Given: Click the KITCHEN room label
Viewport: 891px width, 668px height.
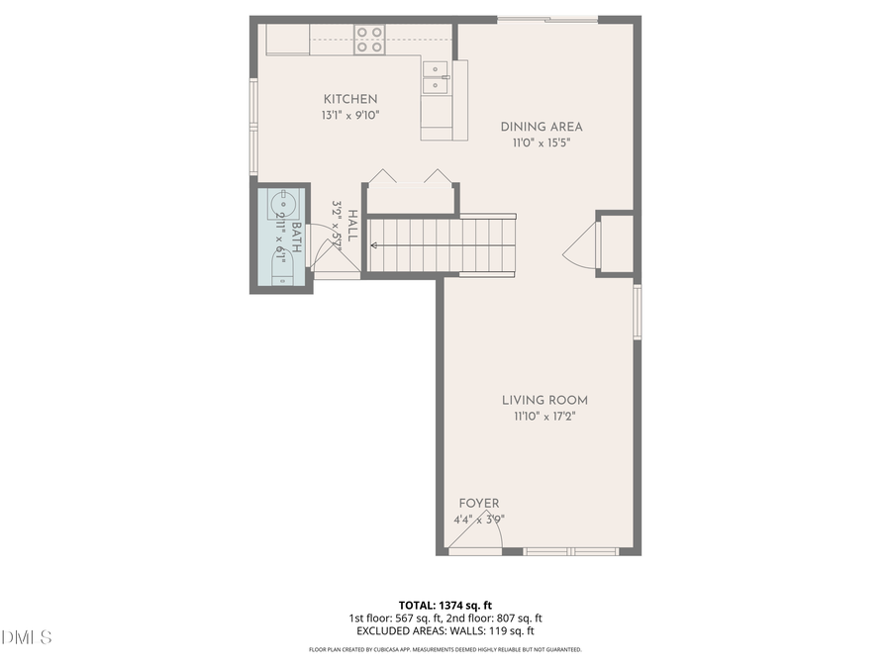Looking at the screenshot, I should pos(350,99).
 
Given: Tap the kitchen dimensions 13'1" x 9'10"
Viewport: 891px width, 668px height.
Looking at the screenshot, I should pos(350,115).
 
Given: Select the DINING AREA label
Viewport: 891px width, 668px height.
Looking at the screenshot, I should pos(541,127).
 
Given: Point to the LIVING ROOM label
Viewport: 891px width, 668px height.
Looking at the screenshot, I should pos(544,401).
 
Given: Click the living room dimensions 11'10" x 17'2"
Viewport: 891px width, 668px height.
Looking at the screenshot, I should pos(544,417).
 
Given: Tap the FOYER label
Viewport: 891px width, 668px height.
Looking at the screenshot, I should pos(479,504).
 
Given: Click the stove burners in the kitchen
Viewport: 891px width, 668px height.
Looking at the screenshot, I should pos(369,40).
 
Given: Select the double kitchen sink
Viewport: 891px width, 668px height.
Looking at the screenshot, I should pos(436,78).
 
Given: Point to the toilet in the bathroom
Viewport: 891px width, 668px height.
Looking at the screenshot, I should pos(282,267).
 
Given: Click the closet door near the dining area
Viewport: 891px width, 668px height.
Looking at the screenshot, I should pos(582,245).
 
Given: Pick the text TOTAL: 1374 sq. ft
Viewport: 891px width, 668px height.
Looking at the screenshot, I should pos(445,604).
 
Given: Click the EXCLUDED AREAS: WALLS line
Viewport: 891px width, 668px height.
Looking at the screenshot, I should pos(445,630).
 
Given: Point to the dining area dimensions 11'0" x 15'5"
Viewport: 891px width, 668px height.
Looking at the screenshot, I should pos(541,143).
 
